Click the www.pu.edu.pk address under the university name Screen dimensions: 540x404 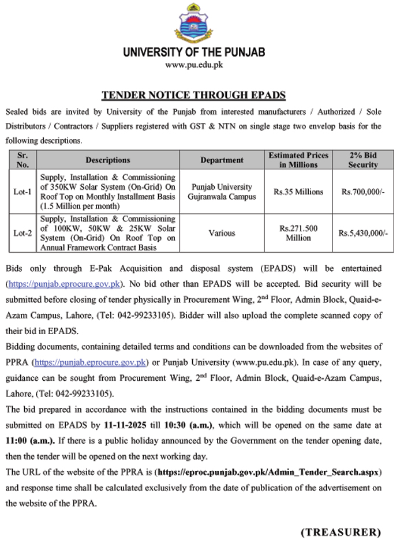point(194,65)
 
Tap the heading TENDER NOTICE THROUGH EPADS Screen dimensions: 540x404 point(193,95)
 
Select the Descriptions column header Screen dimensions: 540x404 point(108,160)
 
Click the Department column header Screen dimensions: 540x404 point(222,160)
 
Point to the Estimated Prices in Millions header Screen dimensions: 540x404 point(298,160)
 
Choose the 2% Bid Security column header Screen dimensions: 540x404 point(364,160)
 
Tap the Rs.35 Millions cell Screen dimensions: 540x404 point(298,192)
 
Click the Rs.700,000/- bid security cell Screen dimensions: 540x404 point(364,192)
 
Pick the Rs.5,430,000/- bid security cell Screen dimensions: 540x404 point(364,233)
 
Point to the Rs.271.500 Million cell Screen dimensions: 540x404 point(298,233)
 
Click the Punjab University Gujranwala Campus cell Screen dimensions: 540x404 point(222,192)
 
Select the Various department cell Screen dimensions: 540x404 point(222,233)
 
